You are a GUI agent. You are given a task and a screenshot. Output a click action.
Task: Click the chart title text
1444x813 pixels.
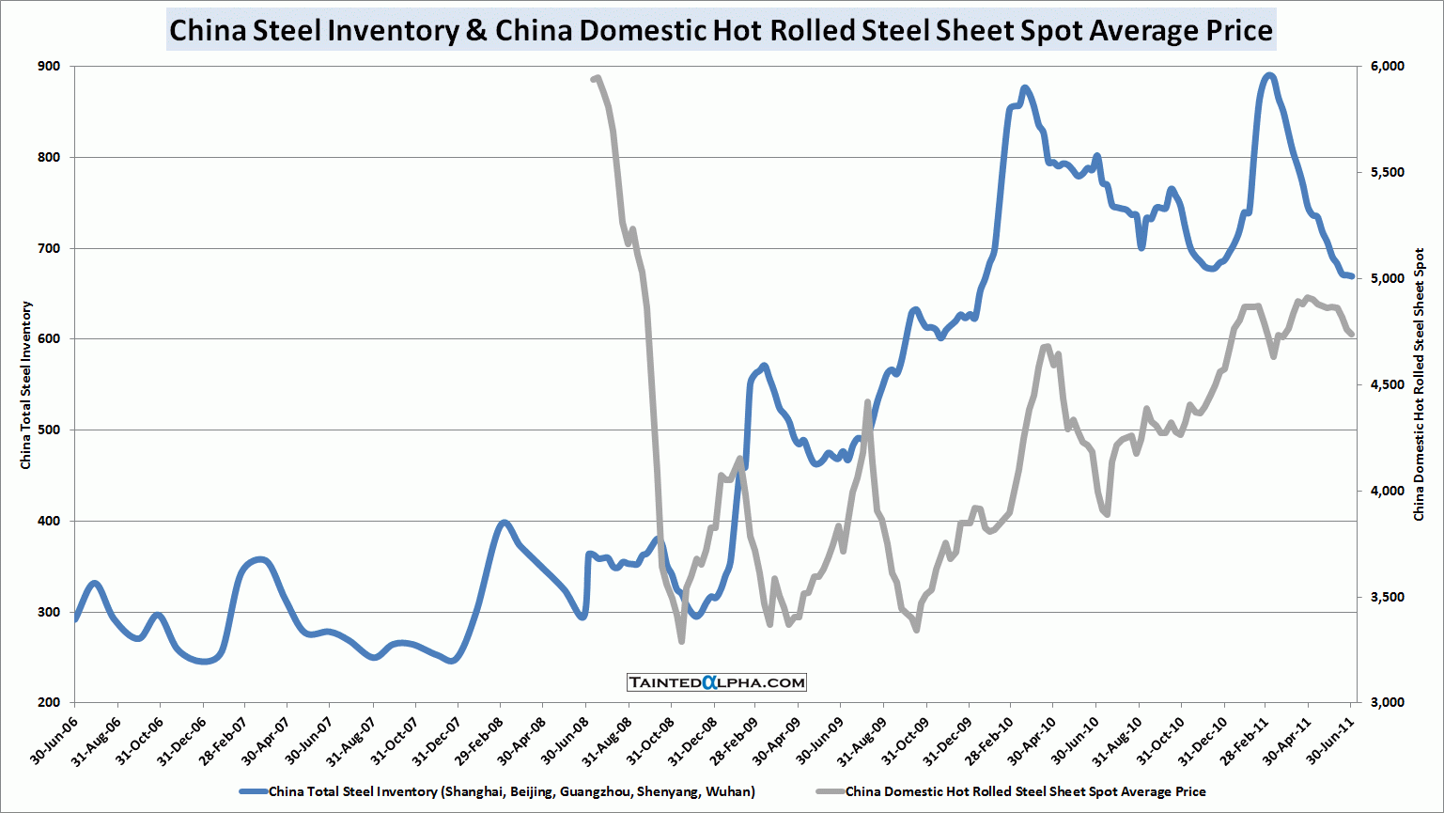[x=721, y=30]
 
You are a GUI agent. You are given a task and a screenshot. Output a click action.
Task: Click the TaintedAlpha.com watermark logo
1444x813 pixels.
[x=717, y=682]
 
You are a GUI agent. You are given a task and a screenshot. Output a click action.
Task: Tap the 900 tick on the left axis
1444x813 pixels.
[x=49, y=67]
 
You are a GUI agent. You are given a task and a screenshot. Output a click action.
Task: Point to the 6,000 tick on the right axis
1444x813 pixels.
[x=1387, y=67]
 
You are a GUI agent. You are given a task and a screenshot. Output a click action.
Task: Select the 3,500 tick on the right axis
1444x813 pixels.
[x=1387, y=597]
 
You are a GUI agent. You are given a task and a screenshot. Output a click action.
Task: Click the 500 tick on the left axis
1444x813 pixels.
[x=49, y=430]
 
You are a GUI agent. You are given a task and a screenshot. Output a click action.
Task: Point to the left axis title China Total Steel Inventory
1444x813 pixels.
[x=26, y=385]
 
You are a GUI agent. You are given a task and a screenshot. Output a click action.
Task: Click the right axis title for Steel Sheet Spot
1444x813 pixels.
[x=1420, y=385]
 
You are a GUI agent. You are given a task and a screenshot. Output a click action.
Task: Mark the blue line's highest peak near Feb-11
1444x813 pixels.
[x=1269, y=75]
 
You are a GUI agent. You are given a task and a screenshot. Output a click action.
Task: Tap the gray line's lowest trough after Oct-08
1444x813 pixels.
[x=681, y=641]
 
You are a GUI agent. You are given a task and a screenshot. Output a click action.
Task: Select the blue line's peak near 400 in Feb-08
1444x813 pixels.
[x=505, y=522]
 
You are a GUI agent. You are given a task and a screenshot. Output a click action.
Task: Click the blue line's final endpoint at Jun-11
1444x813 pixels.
[x=1351, y=276]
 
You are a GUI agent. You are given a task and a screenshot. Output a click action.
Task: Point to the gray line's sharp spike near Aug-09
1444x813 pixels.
[x=867, y=402]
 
